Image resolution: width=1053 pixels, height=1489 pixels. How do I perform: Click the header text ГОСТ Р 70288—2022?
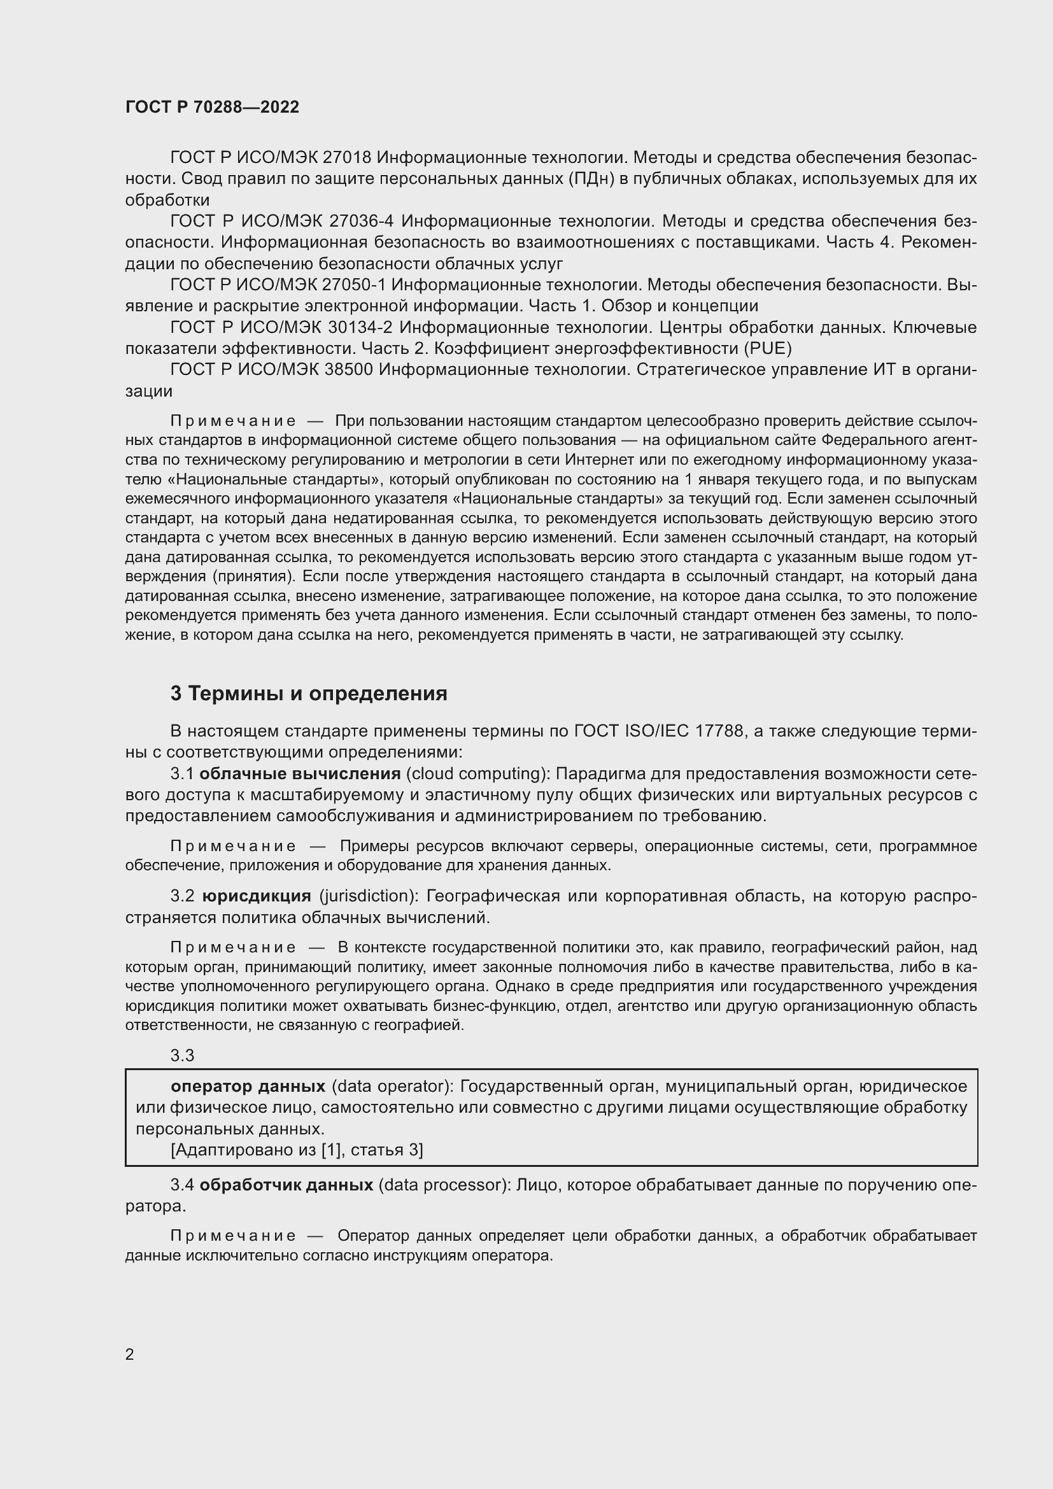[x=212, y=107]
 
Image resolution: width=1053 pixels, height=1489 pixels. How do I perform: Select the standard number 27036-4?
[x=362, y=221]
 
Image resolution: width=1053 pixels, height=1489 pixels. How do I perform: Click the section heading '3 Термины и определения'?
[x=309, y=693]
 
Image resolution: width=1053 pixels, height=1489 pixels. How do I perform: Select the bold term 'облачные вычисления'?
[x=300, y=773]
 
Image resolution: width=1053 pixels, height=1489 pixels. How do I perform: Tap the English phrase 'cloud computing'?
[x=477, y=773]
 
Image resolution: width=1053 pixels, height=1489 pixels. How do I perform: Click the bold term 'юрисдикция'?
[x=257, y=896]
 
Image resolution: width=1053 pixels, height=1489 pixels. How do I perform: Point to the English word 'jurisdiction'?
[x=367, y=896]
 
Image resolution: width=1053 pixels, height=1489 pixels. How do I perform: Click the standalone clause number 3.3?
[x=182, y=1055]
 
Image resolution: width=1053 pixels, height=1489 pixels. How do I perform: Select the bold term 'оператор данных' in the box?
[x=248, y=1086]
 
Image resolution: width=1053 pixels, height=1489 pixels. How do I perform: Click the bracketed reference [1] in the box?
[x=328, y=1150]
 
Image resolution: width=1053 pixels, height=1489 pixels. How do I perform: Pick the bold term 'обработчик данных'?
[x=286, y=1185]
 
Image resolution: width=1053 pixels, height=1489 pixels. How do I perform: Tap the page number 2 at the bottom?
[x=130, y=1354]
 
